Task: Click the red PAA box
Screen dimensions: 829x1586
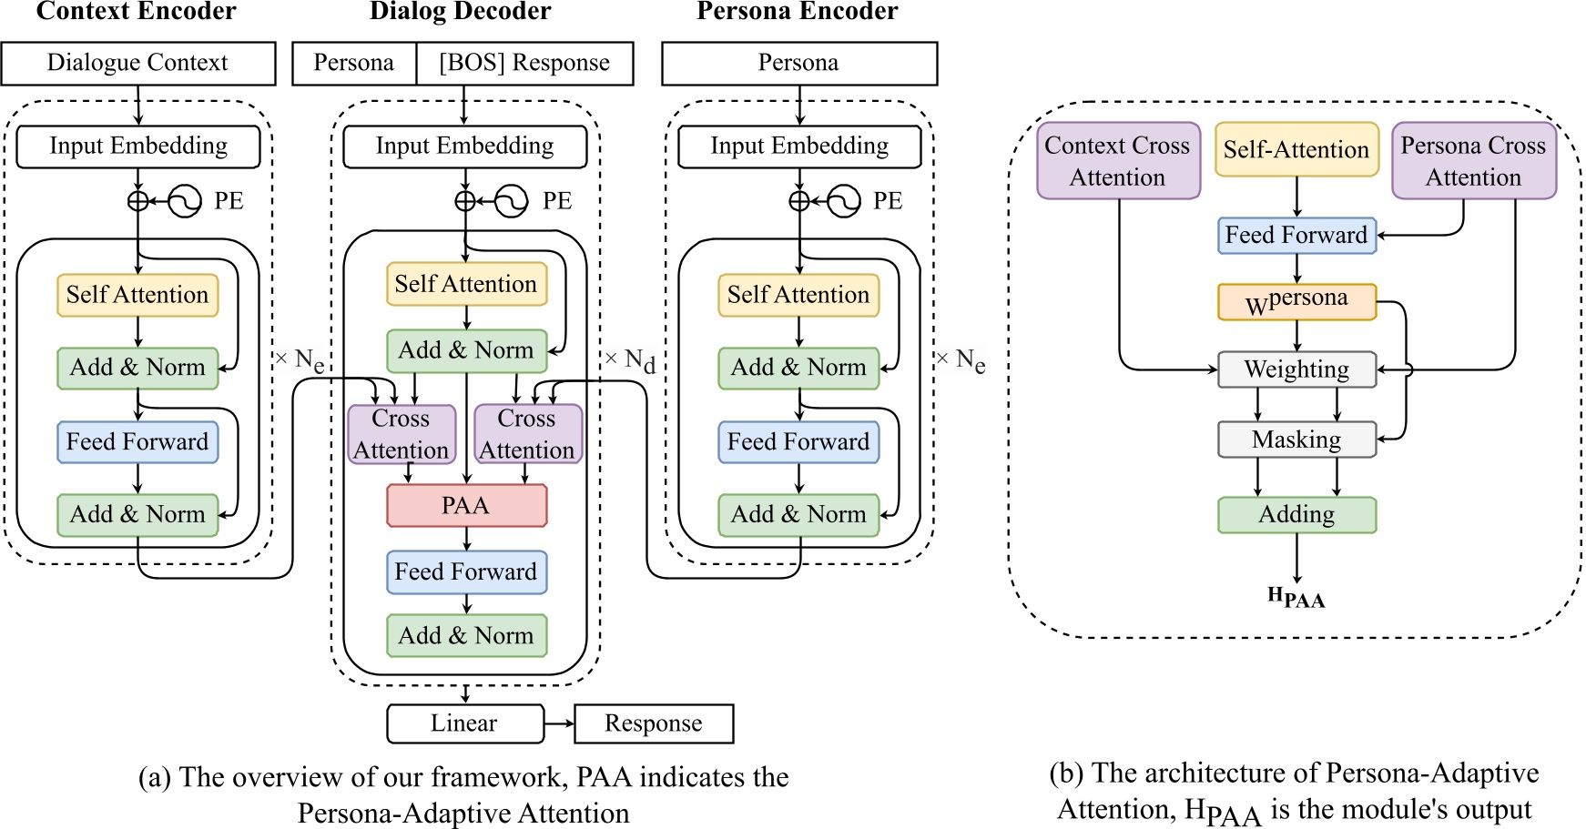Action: [x=466, y=505]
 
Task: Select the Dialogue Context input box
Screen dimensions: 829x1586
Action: [x=137, y=63]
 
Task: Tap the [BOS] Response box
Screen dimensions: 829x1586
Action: [x=524, y=63]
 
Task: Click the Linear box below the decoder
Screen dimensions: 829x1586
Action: [x=464, y=723]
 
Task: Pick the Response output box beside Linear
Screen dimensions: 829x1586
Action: [x=653, y=723]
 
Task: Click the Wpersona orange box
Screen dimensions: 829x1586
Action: [x=1296, y=302]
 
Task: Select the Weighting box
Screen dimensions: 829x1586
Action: [x=1296, y=369]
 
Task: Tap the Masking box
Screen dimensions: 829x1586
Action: [x=1296, y=440]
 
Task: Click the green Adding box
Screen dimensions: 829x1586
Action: [x=1296, y=515]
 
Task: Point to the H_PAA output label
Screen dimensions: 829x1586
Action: [x=1296, y=597]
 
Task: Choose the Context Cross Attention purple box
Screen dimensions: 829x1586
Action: [x=1118, y=161]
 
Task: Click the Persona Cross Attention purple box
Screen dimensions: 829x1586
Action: [x=1473, y=161]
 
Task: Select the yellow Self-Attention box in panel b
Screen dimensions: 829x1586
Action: [x=1296, y=150]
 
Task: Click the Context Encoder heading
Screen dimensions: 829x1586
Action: [x=136, y=12]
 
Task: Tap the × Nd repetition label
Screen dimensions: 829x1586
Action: [x=631, y=360]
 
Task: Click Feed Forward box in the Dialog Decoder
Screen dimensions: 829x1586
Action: [x=466, y=572]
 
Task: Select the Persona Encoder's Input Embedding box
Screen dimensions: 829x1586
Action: [x=799, y=147]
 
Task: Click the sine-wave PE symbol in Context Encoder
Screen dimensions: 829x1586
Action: [x=186, y=201]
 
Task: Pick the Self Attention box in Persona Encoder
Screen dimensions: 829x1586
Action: [x=798, y=295]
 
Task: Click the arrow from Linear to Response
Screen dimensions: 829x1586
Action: [x=559, y=723]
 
